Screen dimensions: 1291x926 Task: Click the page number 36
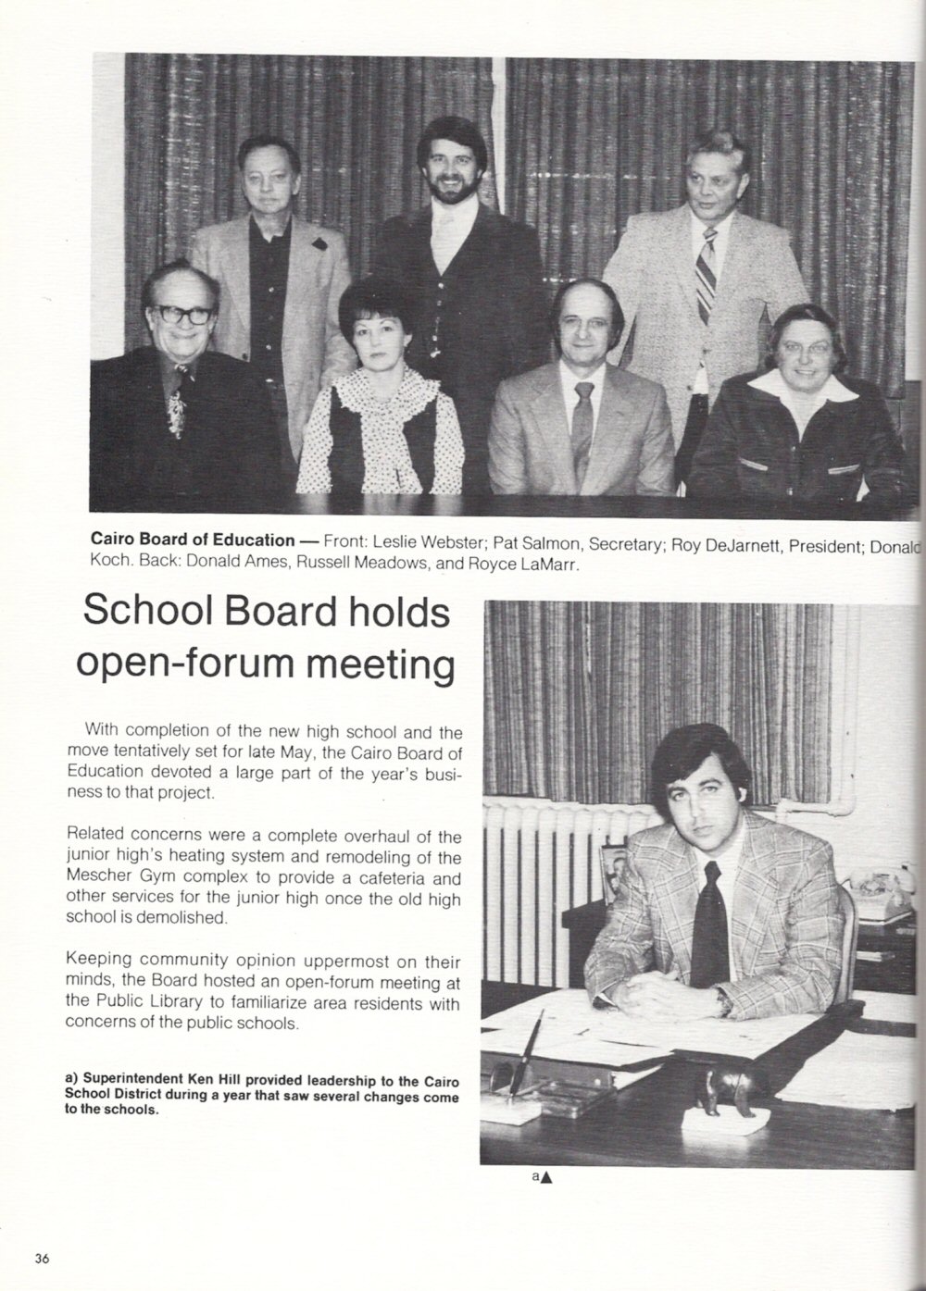(42, 1257)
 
